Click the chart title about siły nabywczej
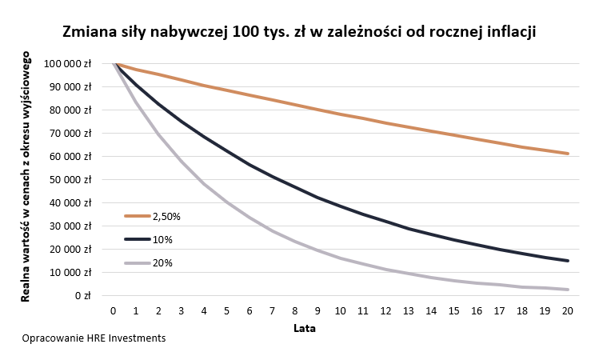point(299,33)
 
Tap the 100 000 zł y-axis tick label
point(70,63)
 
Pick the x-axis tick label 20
point(568,310)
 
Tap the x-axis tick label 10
point(341,310)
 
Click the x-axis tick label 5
point(227,310)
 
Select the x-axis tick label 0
point(114,310)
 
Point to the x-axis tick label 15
point(454,310)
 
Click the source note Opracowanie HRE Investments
point(94,338)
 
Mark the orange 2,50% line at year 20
point(568,154)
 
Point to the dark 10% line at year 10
point(341,206)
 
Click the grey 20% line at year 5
point(227,202)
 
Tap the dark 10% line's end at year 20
point(568,261)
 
